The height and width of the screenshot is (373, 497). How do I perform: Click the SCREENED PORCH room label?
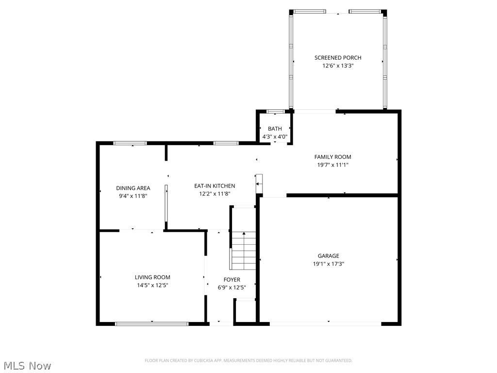[x=338, y=58]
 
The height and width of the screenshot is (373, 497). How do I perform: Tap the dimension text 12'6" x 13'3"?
[x=338, y=66]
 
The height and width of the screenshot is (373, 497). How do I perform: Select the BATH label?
[x=275, y=129]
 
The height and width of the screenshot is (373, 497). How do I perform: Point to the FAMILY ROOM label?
[x=332, y=157]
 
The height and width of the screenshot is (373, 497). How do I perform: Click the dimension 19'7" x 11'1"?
[x=332, y=165]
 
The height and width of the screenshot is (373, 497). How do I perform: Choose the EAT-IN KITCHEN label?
[x=215, y=186]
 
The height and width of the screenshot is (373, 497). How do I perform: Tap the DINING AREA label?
[x=133, y=188]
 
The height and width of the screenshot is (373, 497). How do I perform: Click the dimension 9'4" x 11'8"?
[x=133, y=196]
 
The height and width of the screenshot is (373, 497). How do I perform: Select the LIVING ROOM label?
[x=152, y=277]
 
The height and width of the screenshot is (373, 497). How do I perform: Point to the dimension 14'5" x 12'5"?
[x=152, y=285]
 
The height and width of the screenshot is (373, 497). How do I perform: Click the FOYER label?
[x=232, y=280]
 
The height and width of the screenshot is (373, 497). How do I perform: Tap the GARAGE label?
[x=329, y=256]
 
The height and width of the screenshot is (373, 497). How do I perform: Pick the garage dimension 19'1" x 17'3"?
[x=329, y=264]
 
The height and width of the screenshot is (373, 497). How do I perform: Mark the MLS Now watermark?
[x=27, y=365]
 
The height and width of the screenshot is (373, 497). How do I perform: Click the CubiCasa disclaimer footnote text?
[x=248, y=360]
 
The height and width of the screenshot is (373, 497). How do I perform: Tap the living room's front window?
[x=151, y=323]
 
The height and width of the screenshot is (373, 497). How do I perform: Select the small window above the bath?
[x=275, y=112]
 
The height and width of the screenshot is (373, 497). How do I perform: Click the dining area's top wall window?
[x=130, y=143]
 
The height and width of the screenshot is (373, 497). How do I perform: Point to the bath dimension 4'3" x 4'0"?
[x=275, y=136]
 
